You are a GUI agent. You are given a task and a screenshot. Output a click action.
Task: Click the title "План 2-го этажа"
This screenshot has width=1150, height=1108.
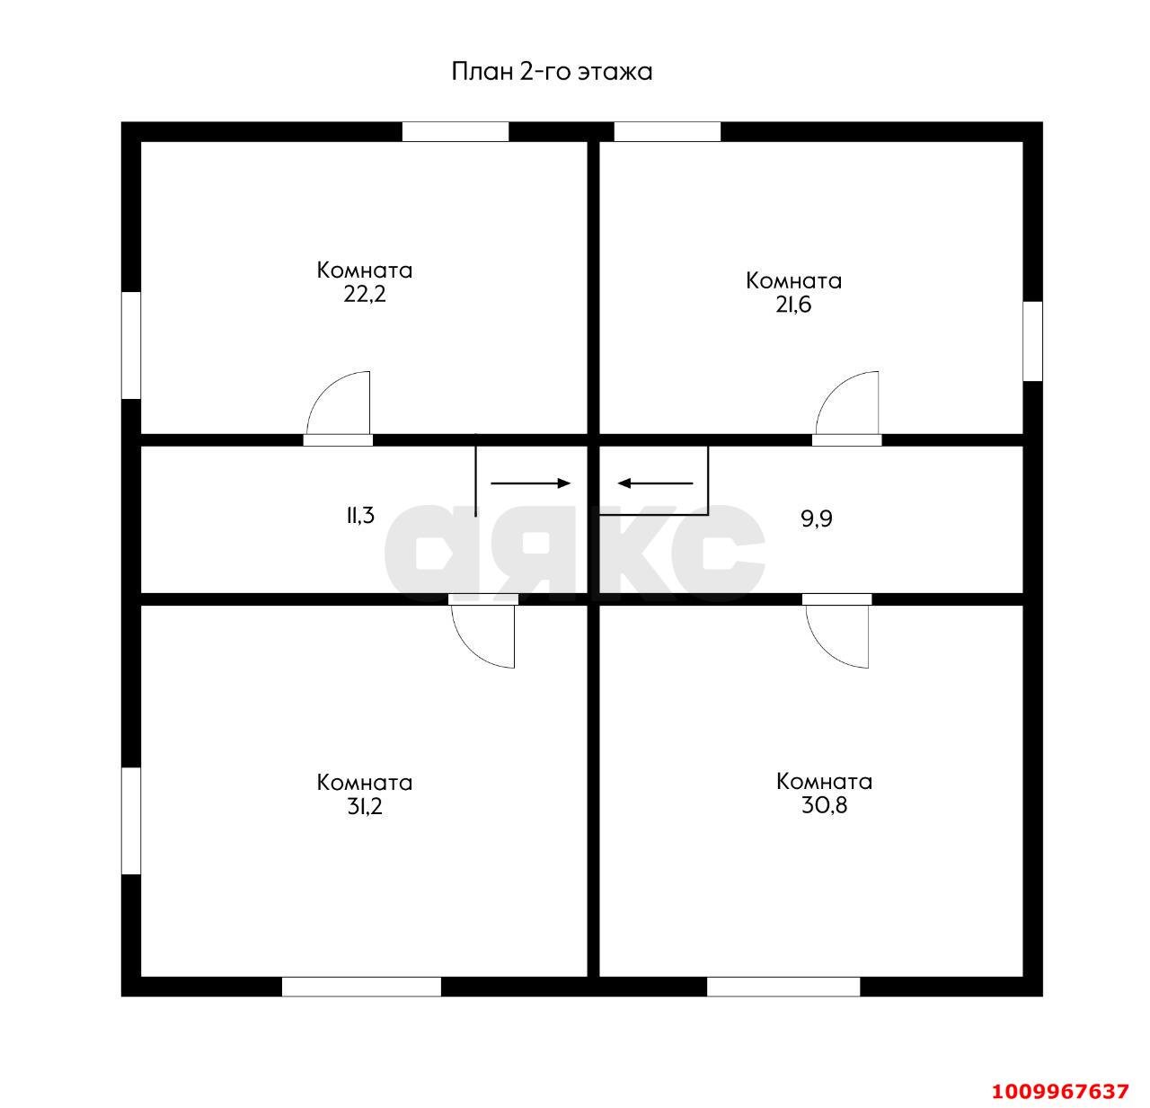point(552,72)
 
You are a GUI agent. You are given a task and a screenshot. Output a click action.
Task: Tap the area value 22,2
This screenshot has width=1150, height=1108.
point(365,294)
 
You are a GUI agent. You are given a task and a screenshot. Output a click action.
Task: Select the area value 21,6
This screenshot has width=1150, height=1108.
point(793,305)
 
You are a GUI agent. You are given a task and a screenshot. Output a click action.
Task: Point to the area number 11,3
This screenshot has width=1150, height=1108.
point(360,515)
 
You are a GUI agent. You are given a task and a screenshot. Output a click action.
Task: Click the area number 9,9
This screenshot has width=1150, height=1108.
point(817,519)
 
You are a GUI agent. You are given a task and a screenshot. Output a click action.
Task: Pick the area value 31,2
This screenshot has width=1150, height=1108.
point(365,806)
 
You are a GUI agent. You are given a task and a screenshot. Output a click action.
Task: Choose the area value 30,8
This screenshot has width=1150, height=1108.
point(825,805)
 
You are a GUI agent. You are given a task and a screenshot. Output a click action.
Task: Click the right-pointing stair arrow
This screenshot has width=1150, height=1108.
point(531,483)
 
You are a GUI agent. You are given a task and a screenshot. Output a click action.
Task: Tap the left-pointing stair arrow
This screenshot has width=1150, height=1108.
point(655,483)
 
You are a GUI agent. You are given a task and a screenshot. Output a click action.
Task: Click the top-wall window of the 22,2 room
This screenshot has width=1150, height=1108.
point(456,132)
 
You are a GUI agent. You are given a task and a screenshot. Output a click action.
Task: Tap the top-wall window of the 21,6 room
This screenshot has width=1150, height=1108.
point(668,132)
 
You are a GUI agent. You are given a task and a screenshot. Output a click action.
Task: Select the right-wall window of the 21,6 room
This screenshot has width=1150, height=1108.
point(1033,341)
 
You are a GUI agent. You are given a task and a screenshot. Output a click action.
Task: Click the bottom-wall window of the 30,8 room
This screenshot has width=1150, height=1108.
point(783,987)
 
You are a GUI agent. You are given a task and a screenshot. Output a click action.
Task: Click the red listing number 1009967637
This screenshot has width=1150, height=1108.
point(1060,1091)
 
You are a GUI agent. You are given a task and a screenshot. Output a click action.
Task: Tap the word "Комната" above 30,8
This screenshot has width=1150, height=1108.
point(825,782)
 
